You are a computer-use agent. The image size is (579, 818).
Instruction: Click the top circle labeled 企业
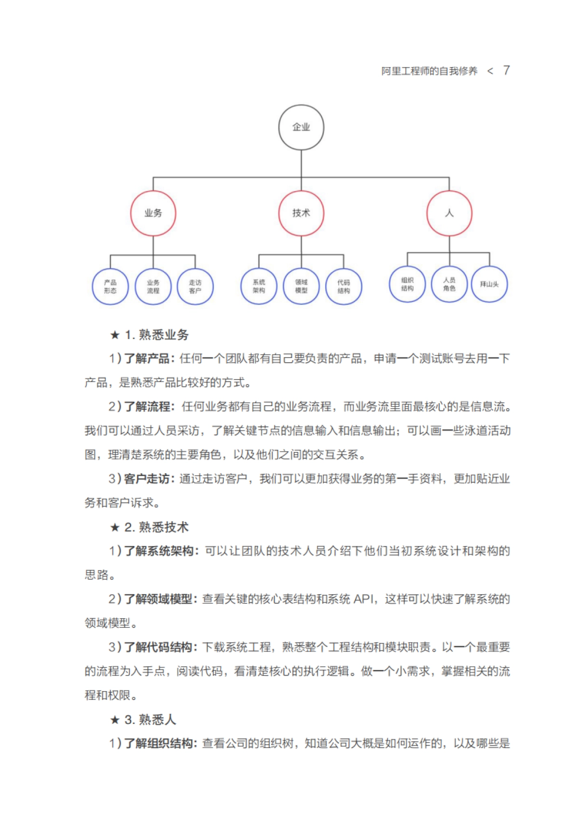coord(301,127)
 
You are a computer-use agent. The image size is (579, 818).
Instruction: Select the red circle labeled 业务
coord(153,213)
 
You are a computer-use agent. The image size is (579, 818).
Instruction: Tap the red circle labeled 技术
coord(301,213)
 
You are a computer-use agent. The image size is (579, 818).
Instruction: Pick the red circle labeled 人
coord(449,213)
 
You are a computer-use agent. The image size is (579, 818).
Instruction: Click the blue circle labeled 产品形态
coord(110,286)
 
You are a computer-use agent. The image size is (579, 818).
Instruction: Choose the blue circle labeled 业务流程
coord(153,286)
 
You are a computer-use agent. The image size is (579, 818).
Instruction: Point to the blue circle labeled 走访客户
coord(195,286)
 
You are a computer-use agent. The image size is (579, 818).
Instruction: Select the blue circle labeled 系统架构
coord(259,286)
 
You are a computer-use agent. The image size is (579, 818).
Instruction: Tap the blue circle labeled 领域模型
coord(301,286)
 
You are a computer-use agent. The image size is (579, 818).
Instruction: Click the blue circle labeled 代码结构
coord(344,286)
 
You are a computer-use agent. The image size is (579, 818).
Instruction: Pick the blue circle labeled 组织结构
coord(407,284)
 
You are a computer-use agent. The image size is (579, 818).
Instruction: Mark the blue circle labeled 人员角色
coord(449,284)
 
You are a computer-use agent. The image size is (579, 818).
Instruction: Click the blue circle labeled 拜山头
coord(489,284)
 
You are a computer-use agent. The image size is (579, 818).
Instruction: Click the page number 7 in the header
coord(506,70)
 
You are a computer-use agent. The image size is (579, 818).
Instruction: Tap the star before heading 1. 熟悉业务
coord(114,335)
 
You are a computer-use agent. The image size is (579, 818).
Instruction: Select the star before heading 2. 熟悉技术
coord(114,527)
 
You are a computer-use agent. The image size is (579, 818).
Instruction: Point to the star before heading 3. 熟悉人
coord(114,720)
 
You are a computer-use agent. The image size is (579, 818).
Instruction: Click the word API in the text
coord(364,599)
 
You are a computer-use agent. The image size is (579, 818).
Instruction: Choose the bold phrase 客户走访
coord(147,479)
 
